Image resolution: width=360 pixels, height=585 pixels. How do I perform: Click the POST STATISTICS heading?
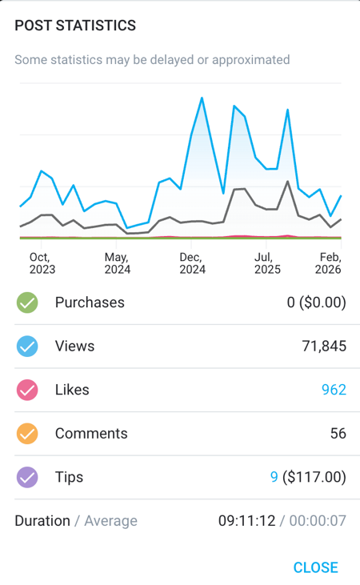75,26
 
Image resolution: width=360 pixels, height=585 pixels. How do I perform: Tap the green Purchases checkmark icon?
27,303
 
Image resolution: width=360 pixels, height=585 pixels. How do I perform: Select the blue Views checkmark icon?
27,347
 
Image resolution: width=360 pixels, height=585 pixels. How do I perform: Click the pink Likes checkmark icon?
27,390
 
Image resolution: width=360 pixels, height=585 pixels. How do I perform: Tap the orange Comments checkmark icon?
27,434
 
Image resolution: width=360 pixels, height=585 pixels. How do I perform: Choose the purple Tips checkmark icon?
27,477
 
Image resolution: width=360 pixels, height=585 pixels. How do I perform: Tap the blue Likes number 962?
334,390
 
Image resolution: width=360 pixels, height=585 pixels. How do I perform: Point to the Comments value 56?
338,434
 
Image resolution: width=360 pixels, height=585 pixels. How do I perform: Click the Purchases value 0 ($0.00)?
316,303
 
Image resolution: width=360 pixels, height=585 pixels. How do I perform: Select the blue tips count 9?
274,477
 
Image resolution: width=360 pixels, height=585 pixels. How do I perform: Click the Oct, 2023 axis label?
42,263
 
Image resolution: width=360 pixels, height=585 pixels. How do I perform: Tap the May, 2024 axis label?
117,263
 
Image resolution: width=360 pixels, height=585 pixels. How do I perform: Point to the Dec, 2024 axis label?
192,263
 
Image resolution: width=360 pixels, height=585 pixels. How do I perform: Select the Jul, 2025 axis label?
267,263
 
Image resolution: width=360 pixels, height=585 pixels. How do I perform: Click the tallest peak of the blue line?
202,98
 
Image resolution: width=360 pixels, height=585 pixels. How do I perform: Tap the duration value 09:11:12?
246,521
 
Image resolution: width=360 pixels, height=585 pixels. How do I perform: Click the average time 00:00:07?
318,521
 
